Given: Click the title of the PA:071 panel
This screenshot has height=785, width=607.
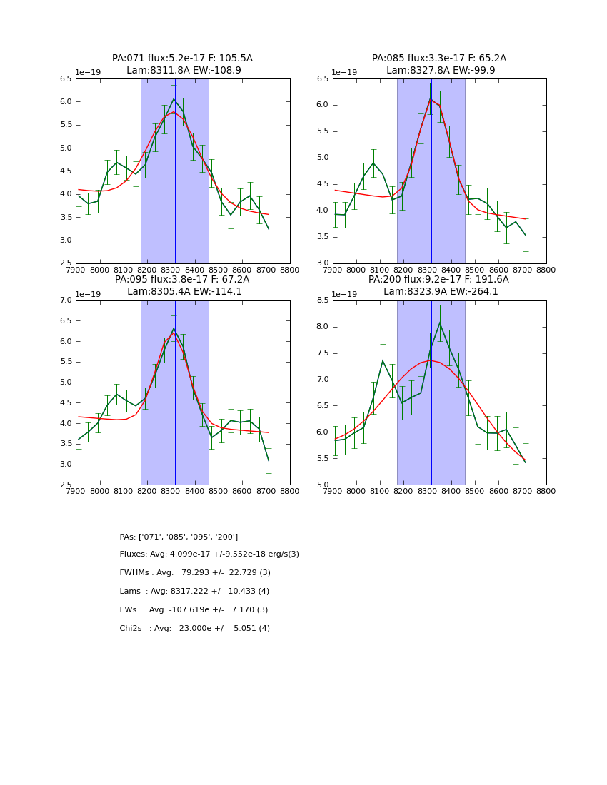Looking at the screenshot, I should click(x=182, y=59).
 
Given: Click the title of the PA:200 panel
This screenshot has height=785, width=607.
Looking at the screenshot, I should click(x=438, y=280).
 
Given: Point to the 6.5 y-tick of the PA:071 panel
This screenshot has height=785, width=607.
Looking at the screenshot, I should click(x=65, y=79).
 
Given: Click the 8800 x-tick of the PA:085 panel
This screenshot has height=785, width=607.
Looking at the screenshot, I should click(x=546, y=270).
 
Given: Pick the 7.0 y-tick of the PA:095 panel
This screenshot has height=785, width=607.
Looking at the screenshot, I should click(x=65, y=300).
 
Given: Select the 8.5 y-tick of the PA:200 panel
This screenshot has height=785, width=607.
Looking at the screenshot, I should click(x=321, y=300).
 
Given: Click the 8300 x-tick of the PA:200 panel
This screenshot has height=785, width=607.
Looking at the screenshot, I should click(x=428, y=491).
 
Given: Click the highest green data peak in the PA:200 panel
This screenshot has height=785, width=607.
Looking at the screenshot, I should click(x=440, y=323).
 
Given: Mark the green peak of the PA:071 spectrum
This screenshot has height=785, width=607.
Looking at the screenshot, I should click(x=174, y=98).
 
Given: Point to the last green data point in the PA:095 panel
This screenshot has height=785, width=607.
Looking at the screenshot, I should click(x=269, y=460).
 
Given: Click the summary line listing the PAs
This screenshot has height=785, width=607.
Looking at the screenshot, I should click(x=179, y=537).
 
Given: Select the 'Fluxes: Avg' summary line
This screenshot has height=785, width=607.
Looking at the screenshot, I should click(x=209, y=554).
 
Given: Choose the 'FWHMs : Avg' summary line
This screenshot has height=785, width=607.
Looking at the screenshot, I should click(x=195, y=573).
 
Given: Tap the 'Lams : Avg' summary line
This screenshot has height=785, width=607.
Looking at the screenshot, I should click(x=194, y=592).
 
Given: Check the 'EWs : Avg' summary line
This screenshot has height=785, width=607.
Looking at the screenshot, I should click(x=194, y=610).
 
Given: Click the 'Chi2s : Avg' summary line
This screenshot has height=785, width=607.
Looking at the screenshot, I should click(x=194, y=629).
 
